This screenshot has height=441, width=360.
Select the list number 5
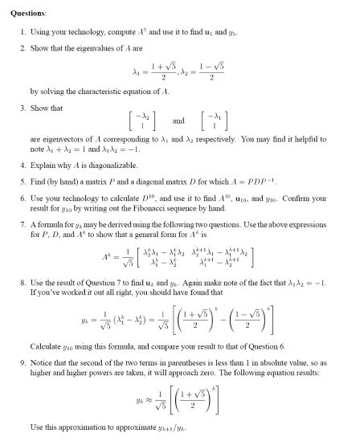click(22, 184)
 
